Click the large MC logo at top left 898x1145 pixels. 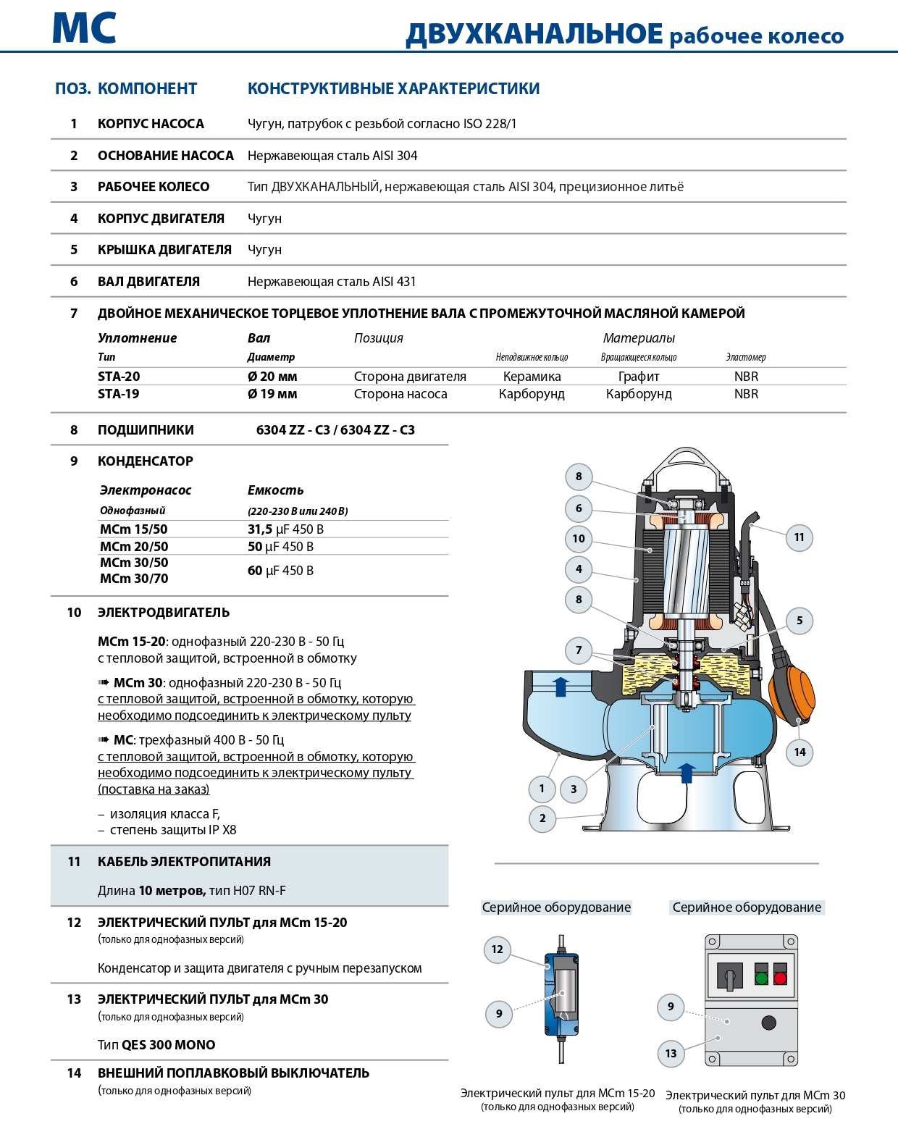pyautogui.click(x=84, y=29)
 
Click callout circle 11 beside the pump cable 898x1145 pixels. pyautogui.click(x=799, y=537)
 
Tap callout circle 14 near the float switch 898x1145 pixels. pyautogui.click(x=800, y=752)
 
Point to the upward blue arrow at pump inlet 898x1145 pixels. pyautogui.click(x=687, y=772)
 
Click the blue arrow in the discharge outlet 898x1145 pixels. pyautogui.click(x=561, y=686)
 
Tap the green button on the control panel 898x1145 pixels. pyautogui.click(x=761, y=978)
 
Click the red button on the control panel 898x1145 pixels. pyautogui.click(x=780, y=978)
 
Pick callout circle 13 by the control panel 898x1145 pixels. pyautogui.click(x=671, y=1053)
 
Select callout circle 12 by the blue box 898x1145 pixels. pyautogui.click(x=497, y=949)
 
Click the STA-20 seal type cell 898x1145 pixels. pyautogui.click(x=119, y=377)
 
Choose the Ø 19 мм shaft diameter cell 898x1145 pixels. pyautogui.click(x=272, y=394)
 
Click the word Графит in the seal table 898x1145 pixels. pyautogui.click(x=639, y=377)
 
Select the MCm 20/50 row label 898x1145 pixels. pyautogui.click(x=134, y=547)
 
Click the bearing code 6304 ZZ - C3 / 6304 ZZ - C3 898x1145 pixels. pyautogui.click(x=335, y=430)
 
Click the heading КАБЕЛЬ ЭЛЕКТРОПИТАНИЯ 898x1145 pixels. pyautogui.click(x=184, y=862)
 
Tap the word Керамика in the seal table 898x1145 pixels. pyautogui.click(x=532, y=377)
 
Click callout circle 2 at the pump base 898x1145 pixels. pyautogui.click(x=542, y=818)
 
